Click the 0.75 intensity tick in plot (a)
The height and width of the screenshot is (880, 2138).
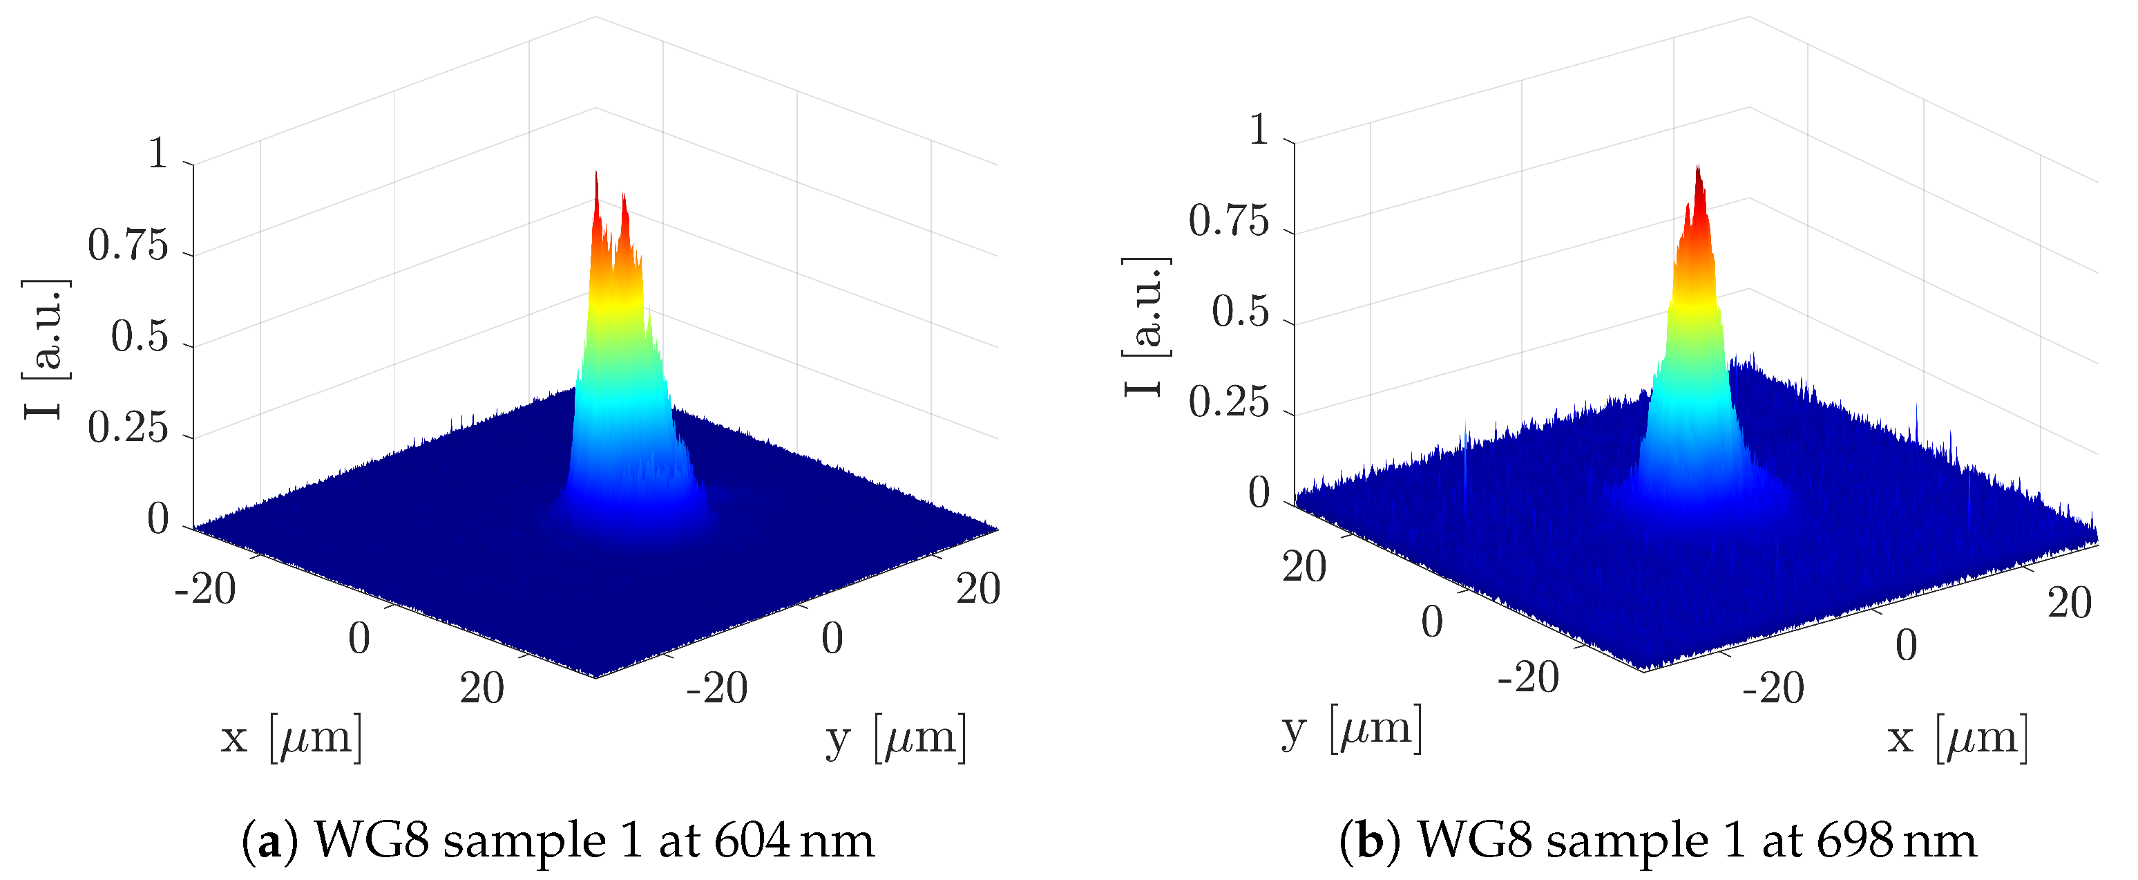[128, 247]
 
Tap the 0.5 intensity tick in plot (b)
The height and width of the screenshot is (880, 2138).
[1240, 313]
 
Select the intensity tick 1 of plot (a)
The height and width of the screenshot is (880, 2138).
[158, 154]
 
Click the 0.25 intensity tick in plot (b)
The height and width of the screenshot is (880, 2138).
[1228, 404]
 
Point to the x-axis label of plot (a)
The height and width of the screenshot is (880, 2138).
[292, 737]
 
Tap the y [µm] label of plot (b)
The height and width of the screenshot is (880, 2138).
[1351, 729]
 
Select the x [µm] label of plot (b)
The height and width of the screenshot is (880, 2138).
[1958, 737]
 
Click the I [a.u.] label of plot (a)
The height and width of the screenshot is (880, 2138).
[46, 348]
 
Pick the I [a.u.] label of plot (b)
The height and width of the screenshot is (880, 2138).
[1146, 326]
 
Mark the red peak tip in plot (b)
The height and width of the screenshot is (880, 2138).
[1698, 169]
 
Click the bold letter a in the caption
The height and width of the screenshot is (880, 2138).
[269, 842]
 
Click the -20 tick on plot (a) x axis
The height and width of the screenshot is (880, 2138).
[205, 590]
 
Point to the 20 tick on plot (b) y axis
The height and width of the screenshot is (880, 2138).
[1304, 568]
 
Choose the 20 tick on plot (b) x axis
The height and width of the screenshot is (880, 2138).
[2069, 603]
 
